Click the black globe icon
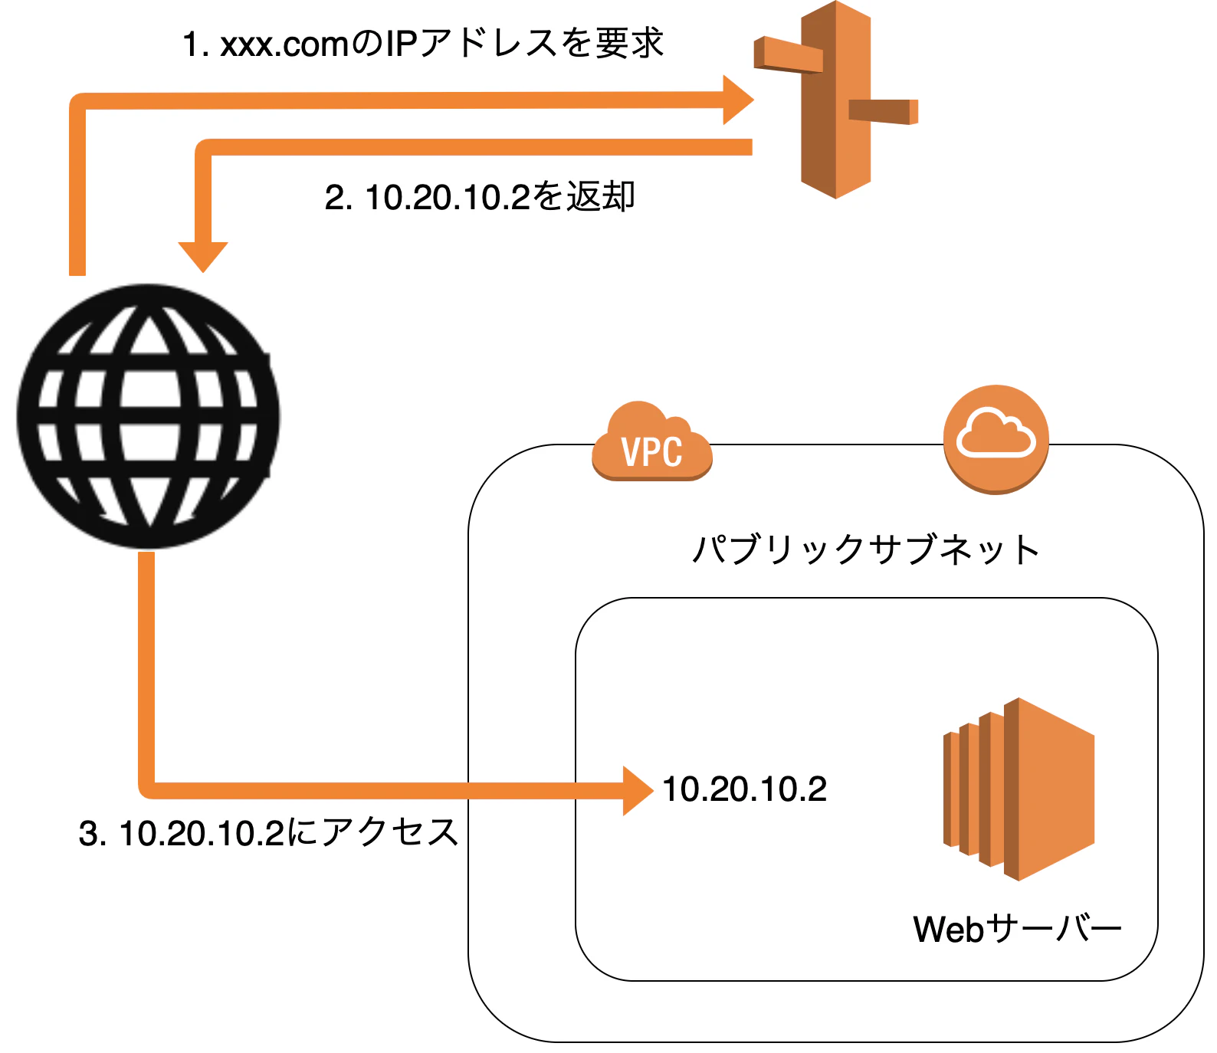coord(148,416)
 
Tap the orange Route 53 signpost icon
coord(835,100)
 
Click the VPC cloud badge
coord(652,443)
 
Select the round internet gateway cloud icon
coord(996,439)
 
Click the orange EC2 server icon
coord(1019,789)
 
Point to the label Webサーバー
coord(1017,929)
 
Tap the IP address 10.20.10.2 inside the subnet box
coord(744,789)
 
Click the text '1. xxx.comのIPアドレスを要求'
coord(422,44)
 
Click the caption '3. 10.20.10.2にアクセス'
coord(268,833)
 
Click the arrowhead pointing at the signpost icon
coord(737,100)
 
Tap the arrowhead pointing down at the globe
coord(203,256)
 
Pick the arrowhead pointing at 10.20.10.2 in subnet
coord(638,791)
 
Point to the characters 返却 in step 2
coord(601,197)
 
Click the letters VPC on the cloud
coord(652,452)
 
